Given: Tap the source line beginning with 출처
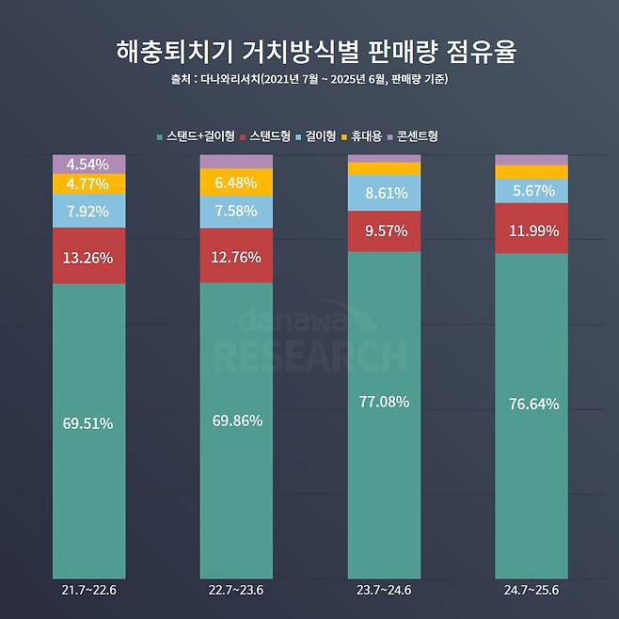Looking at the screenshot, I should (x=309, y=79).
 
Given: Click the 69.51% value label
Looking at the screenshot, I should (x=89, y=423).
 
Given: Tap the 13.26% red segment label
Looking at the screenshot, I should (x=89, y=255).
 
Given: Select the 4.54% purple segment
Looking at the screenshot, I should (x=89, y=164).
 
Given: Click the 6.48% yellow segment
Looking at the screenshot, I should (x=236, y=182).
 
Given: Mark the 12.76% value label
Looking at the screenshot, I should (x=236, y=255).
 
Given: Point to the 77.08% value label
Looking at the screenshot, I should (x=384, y=402).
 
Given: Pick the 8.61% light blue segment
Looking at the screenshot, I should (x=384, y=193).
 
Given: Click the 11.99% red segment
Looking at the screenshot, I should (x=532, y=229).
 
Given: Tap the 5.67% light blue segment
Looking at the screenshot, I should (x=532, y=190).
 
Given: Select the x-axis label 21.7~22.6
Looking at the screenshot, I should (x=89, y=591).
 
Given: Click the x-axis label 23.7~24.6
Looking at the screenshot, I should (x=384, y=591).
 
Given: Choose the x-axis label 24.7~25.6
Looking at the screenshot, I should (x=532, y=591).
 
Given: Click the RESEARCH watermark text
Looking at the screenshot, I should (x=310, y=356).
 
